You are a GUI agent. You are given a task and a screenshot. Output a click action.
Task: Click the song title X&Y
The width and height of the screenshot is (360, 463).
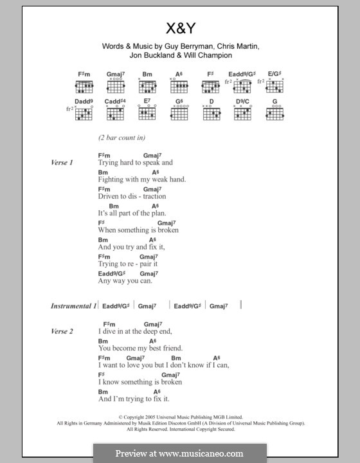(x=179, y=29)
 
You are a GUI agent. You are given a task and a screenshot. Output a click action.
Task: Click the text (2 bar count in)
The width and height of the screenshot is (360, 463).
(x=122, y=138)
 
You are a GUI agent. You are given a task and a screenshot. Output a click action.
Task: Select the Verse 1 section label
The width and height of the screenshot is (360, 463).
(x=62, y=163)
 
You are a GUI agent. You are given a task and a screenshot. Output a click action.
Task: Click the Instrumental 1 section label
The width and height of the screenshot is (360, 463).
(x=73, y=306)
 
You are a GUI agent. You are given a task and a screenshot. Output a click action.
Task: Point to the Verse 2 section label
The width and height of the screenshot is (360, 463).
(x=62, y=331)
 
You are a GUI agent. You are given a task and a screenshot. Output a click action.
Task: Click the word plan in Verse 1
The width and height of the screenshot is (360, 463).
(x=158, y=213)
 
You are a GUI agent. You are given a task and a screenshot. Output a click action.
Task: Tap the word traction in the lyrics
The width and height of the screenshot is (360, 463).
(x=152, y=196)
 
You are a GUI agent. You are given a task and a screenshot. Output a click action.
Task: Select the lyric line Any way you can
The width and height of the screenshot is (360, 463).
(x=125, y=280)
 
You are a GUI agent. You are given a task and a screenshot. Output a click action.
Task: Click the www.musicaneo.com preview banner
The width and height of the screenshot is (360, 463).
(x=179, y=453)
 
